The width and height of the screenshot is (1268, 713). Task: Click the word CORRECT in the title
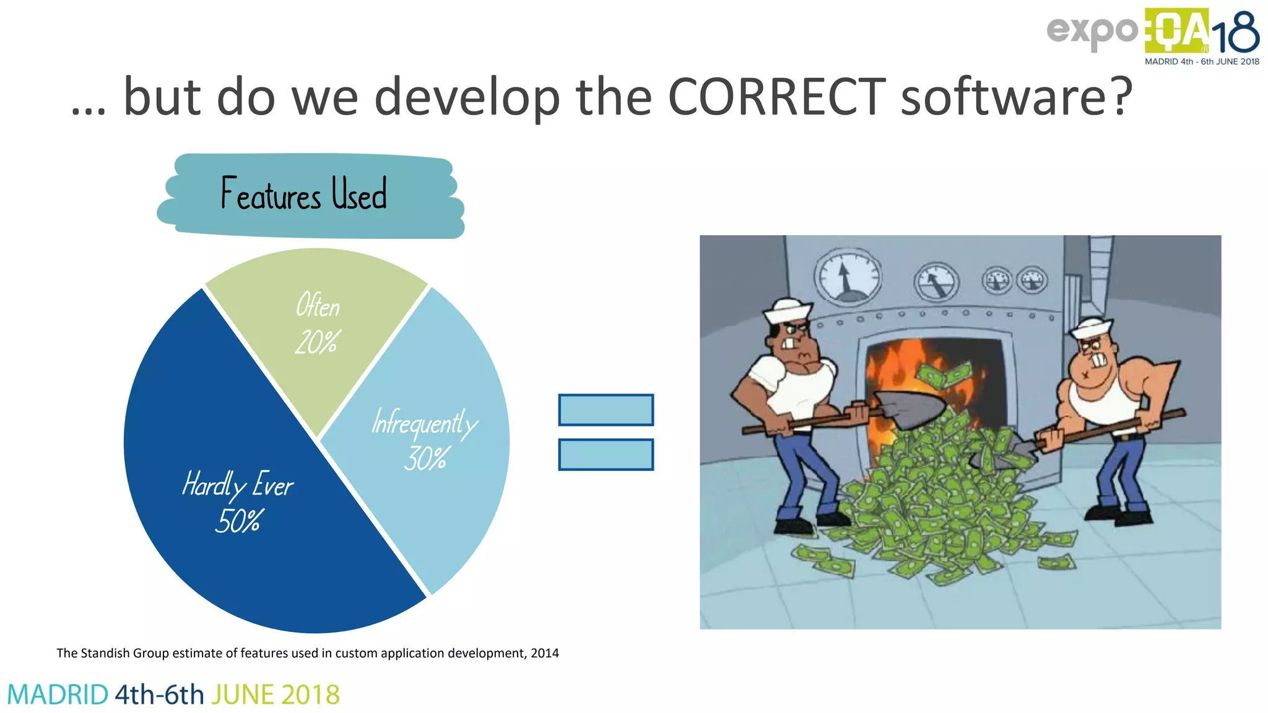click(776, 97)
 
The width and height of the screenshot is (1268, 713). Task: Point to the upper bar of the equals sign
click(606, 410)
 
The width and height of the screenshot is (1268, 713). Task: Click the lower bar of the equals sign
click(606, 454)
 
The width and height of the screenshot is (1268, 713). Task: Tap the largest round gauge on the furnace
click(846, 277)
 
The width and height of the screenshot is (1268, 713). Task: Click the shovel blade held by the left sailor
click(910, 408)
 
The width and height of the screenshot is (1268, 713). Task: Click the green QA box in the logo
click(1176, 31)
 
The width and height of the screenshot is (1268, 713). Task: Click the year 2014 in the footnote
click(545, 653)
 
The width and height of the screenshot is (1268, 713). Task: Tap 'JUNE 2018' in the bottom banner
click(276, 694)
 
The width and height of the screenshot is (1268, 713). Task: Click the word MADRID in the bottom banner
click(58, 694)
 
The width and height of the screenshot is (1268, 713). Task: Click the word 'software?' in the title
click(1015, 97)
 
